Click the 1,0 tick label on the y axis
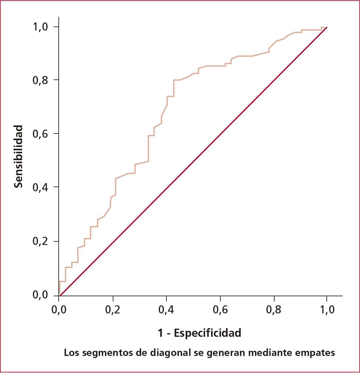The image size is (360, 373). (x=40, y=27)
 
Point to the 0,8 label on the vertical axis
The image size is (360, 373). (x=40, y=80)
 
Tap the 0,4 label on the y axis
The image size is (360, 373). (x=40, y=187)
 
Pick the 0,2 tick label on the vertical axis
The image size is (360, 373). (x=40, y=241)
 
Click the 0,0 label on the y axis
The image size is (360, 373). (x=40, y=295)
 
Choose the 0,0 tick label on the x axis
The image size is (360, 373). (x=59, y=310)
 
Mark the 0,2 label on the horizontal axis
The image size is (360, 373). (x=113, y=310)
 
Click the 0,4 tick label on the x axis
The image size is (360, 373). (x=166, y=310)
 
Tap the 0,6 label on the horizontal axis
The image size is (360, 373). (x=220, y=310)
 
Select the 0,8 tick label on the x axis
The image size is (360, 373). (x=274, y=310)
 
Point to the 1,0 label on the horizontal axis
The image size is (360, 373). (x=327, y=310)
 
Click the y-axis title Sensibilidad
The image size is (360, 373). (x=19, y=156)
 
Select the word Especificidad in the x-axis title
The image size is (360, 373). (x=208, y=333)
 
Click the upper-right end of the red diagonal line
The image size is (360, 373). (x=327, y=27)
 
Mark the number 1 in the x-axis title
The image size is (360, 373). (x=161, y=333)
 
